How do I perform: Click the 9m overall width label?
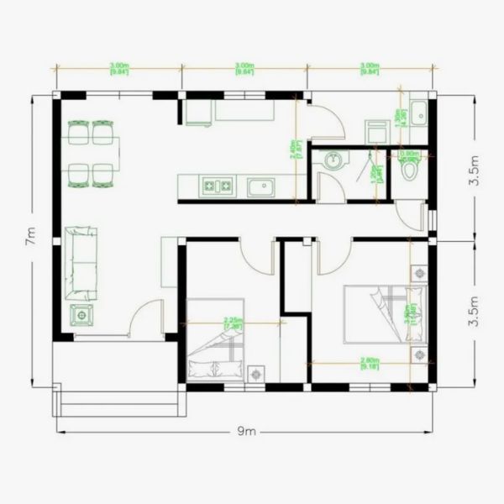(x=245, y=432)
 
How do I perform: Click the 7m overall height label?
(x=31, y=239)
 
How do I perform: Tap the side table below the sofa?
(x=82, y=316)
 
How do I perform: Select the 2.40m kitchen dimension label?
(x=292, y=160)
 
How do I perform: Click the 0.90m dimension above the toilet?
(x=409, y=154)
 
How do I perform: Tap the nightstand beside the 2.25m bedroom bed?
(x=256, y=371)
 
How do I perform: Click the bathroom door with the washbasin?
(x=333, y=191)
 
